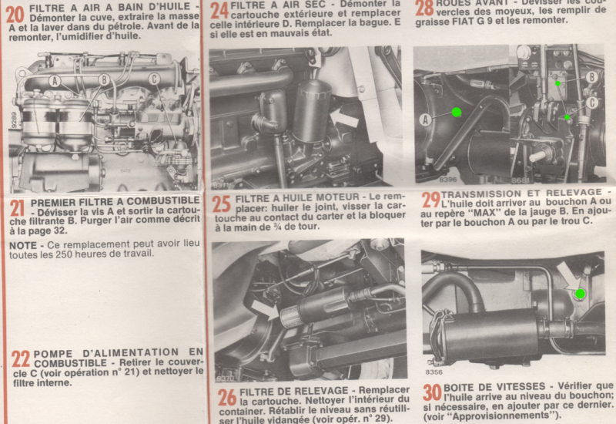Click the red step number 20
tap(15, 14)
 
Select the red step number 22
tap(20, 358)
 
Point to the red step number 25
tap(223, 204)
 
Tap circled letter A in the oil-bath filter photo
tap(55, 80)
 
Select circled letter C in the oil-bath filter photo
tap(154, 79)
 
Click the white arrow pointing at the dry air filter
tap(344, 118)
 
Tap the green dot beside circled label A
tap(456, 113)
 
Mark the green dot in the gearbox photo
tap(580, 294)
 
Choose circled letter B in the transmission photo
tap(591, 76)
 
